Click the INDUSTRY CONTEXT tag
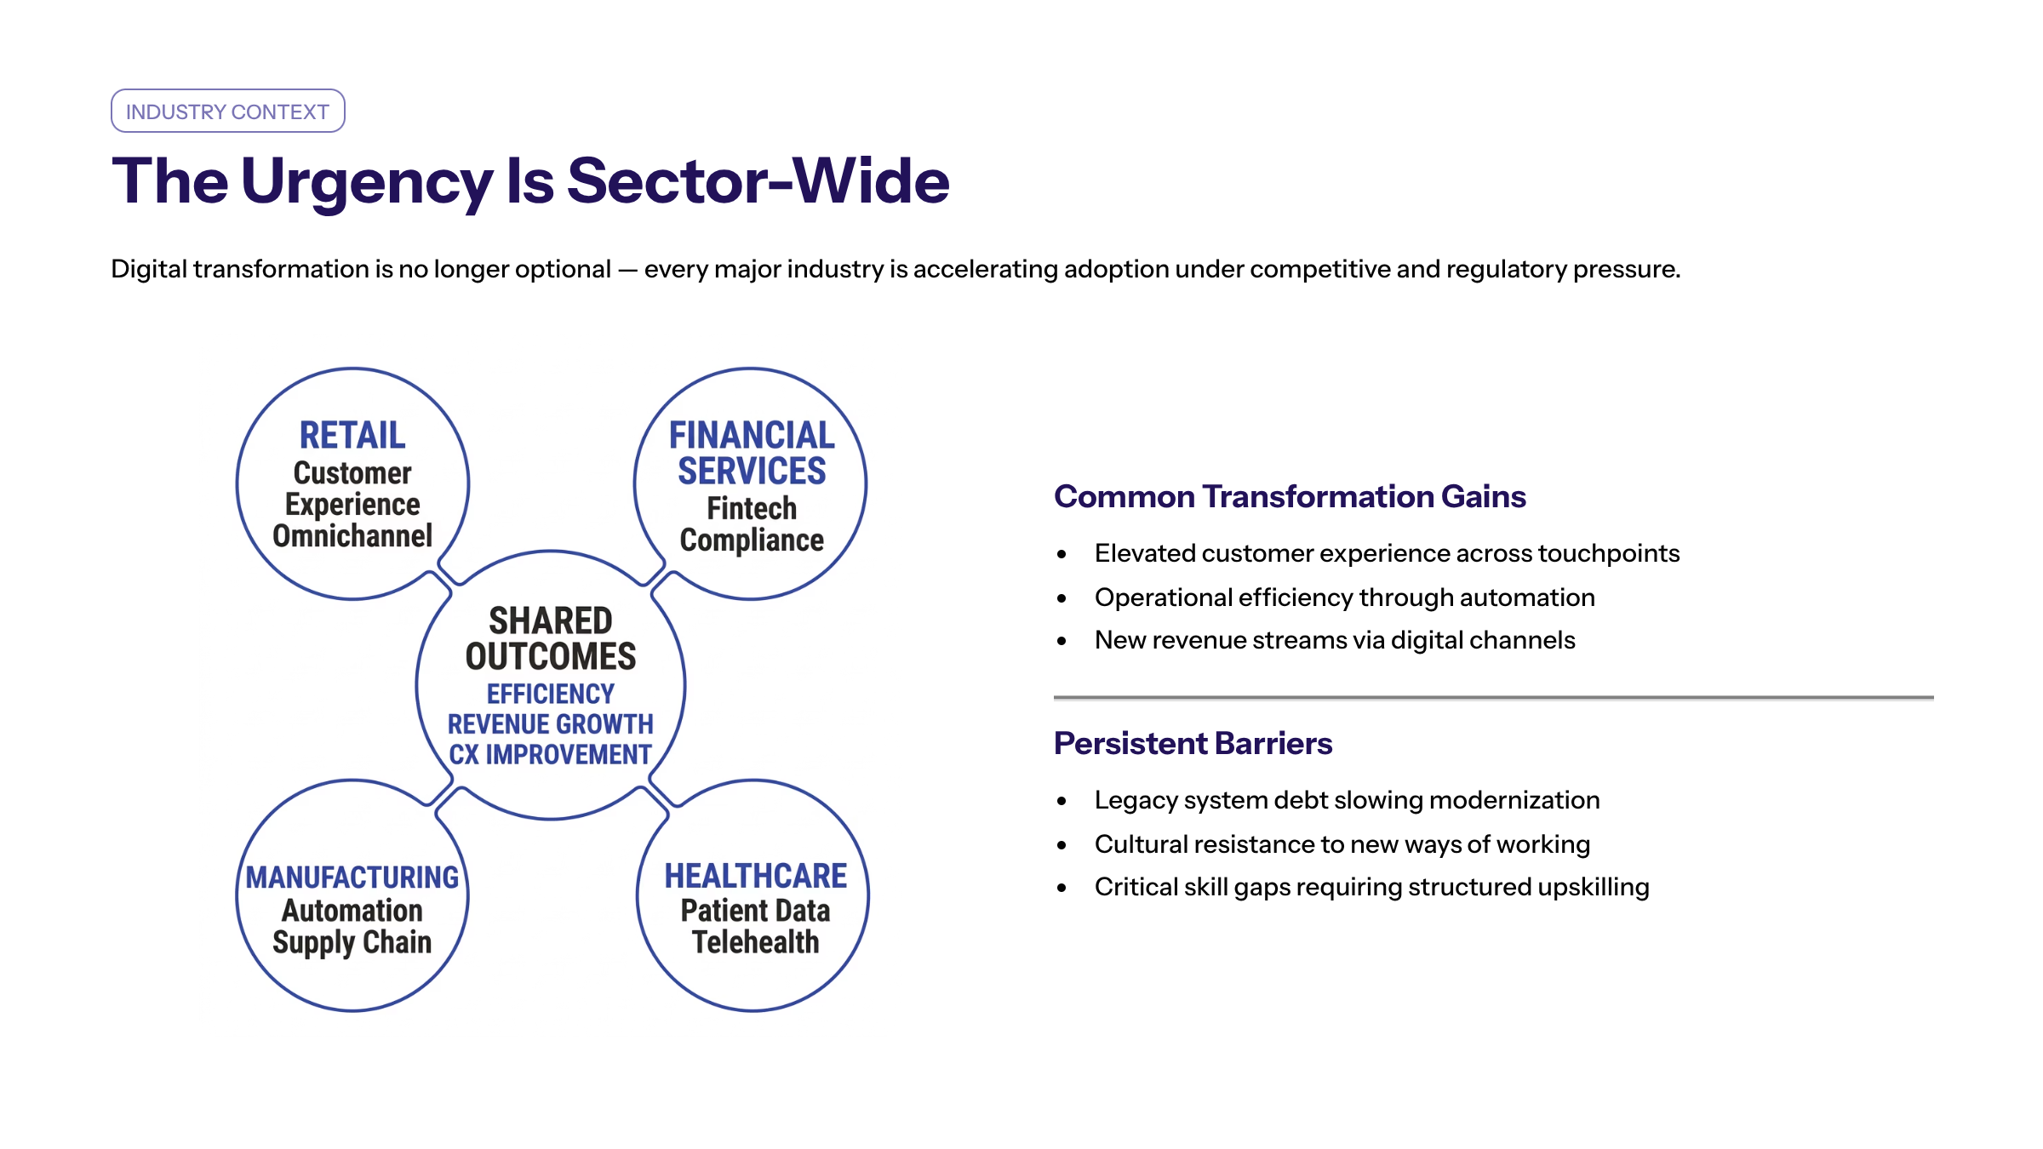point(227,111)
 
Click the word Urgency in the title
point(367,182)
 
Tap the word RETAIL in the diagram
point(352,435)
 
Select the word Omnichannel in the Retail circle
point(352,536)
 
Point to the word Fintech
point(752,509)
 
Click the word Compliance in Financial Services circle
point(752,540)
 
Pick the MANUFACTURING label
point(352,877)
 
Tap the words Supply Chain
point(352,943)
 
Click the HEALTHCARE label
point(756,876)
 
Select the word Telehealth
point(756,942)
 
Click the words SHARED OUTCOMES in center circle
point(551,638)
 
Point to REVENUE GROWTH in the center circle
point(551,724)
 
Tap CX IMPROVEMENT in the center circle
point(551,755)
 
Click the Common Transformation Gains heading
point(1290,496)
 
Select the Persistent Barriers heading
point(1193,743)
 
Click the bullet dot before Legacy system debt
point(1062,801)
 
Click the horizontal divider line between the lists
point(1494,698)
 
